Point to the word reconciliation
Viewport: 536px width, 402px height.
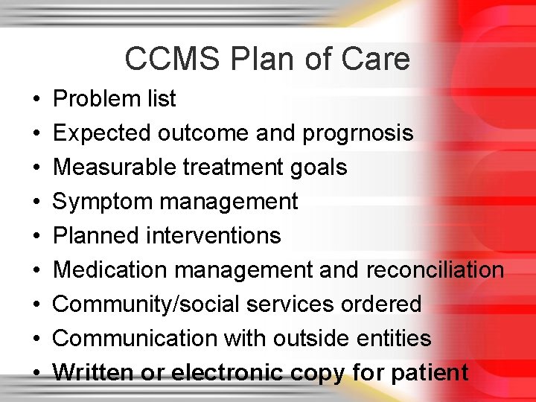(434, 269)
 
